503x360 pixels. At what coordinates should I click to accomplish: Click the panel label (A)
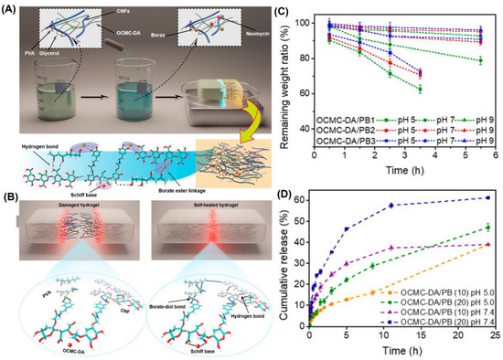pos(9,8)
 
